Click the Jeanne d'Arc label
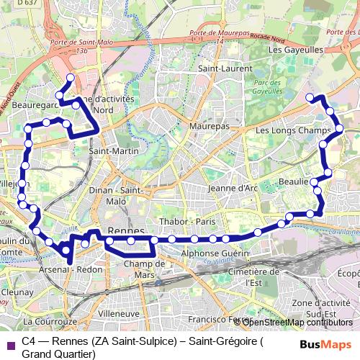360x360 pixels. pos(233,188)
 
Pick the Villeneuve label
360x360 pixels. pos(119,314)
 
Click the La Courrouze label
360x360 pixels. pos(50,321)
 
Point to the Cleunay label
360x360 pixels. pos(17,293)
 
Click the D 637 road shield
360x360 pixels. pos(27,4)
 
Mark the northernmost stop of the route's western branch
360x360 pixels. pos(70,78)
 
